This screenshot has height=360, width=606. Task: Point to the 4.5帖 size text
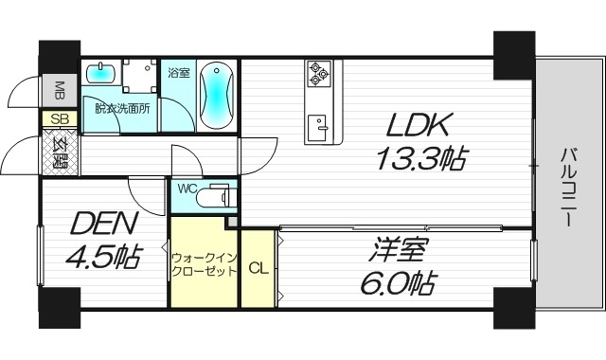pos(103,256)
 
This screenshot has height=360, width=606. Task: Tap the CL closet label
pos(258,268)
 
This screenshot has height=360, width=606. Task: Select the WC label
pos(186,188)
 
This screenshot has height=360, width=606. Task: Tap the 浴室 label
pos(178,72)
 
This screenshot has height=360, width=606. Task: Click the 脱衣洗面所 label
pos(121,107)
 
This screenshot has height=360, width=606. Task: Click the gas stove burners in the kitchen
pos(318,72)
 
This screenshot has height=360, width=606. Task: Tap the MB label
pos(59,90)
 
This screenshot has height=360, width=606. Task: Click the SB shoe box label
pos(59,119)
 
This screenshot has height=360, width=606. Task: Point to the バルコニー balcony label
pos(566,185)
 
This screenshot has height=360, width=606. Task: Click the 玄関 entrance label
pos(59,151)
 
